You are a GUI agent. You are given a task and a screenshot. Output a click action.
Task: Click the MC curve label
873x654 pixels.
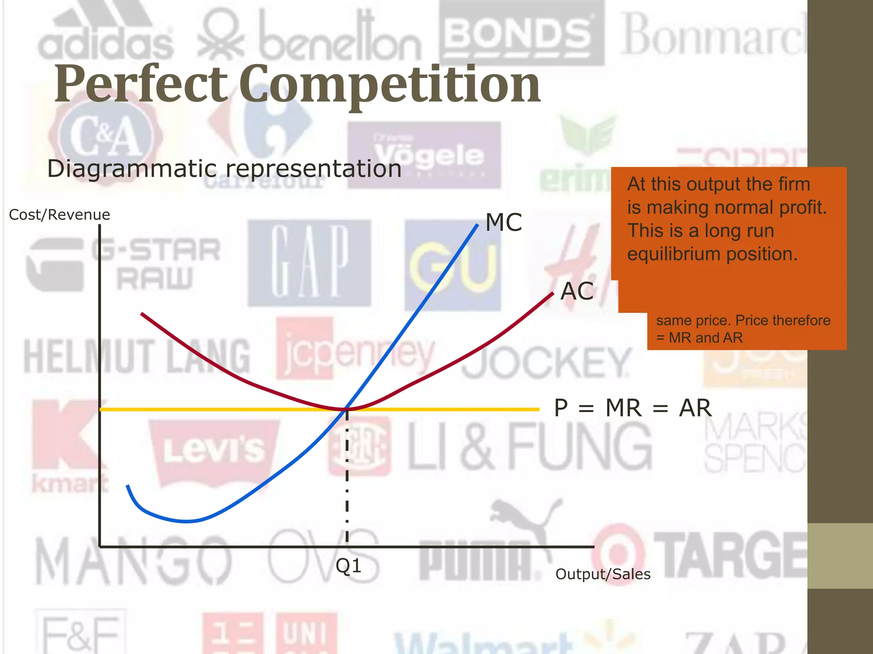pyautogui.click(x=503, y=223)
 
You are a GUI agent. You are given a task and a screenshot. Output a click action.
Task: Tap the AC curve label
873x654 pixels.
pyautogui.click(x=577, y=292)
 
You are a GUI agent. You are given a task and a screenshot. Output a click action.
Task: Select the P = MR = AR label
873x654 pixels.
pyautogui.click(x=633, y=408)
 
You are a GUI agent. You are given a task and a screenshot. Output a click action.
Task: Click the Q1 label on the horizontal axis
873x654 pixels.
pyautogui.click(x=348, y=566)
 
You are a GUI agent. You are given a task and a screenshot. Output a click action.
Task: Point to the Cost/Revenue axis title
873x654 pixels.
pyautogui.click(x=59, y=215)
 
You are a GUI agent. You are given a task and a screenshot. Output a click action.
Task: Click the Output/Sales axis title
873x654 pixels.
pyautogui.click(x=603, y=574)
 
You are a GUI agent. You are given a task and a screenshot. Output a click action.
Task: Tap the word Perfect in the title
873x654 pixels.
pyautogui.click(x=141, y=84)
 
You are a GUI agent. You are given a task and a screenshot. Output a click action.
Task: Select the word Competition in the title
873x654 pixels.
pyautogui.click(x=390, y=84)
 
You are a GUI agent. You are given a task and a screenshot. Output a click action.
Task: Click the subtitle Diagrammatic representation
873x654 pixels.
pyautogui.click(x=224, y=169)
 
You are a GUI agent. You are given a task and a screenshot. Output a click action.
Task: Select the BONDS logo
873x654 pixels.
pyautogui.click(x=520, y=34)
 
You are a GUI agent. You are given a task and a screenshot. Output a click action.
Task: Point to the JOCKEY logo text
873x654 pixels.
pyautogui.click(x=546, y=362)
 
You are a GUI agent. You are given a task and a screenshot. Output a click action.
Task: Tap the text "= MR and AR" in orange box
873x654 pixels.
pyautogui.click(x=700, y=338)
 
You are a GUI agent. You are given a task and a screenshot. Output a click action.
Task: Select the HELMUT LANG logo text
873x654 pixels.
pyautogui.click(x=136, y=356)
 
